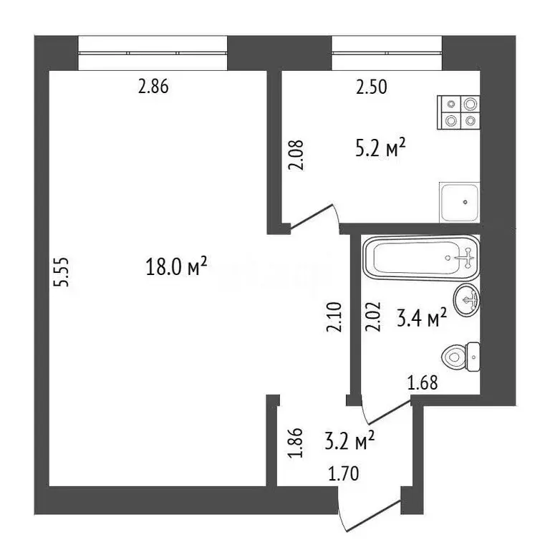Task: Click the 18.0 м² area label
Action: pyautogui.click(x=176, y=269)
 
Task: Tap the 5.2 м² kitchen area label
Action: pyautogui.click(x=382, y=151)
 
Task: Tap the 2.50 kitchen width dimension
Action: pyautogui.click(x=372, y=88)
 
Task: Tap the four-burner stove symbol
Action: pyautogui.click(x=458, y=112)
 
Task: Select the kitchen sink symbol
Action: pyautogui.click(x=460, y=203)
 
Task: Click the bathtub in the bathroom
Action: pyautogui.click(x=420, y=258)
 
